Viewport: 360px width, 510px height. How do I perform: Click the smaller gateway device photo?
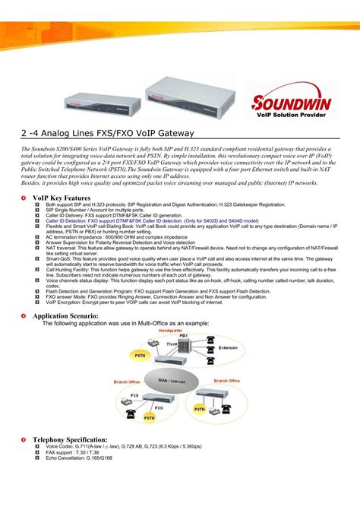(x=107, y=100)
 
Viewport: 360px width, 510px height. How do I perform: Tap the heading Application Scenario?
(x=65, y=315)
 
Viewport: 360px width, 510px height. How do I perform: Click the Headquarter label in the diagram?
(x=170, y=331)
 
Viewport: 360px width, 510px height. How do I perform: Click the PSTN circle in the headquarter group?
(x=141, y=355)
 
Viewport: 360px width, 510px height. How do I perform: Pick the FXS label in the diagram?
(x=134, y=395)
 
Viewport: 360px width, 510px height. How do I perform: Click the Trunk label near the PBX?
(x=172, y=344)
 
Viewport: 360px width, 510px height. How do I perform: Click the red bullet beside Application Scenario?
(x=25, y=315)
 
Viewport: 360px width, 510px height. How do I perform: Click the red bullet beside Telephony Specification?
(x=25, y=439)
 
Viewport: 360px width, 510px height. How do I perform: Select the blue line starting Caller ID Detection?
(x=152, y=220)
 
